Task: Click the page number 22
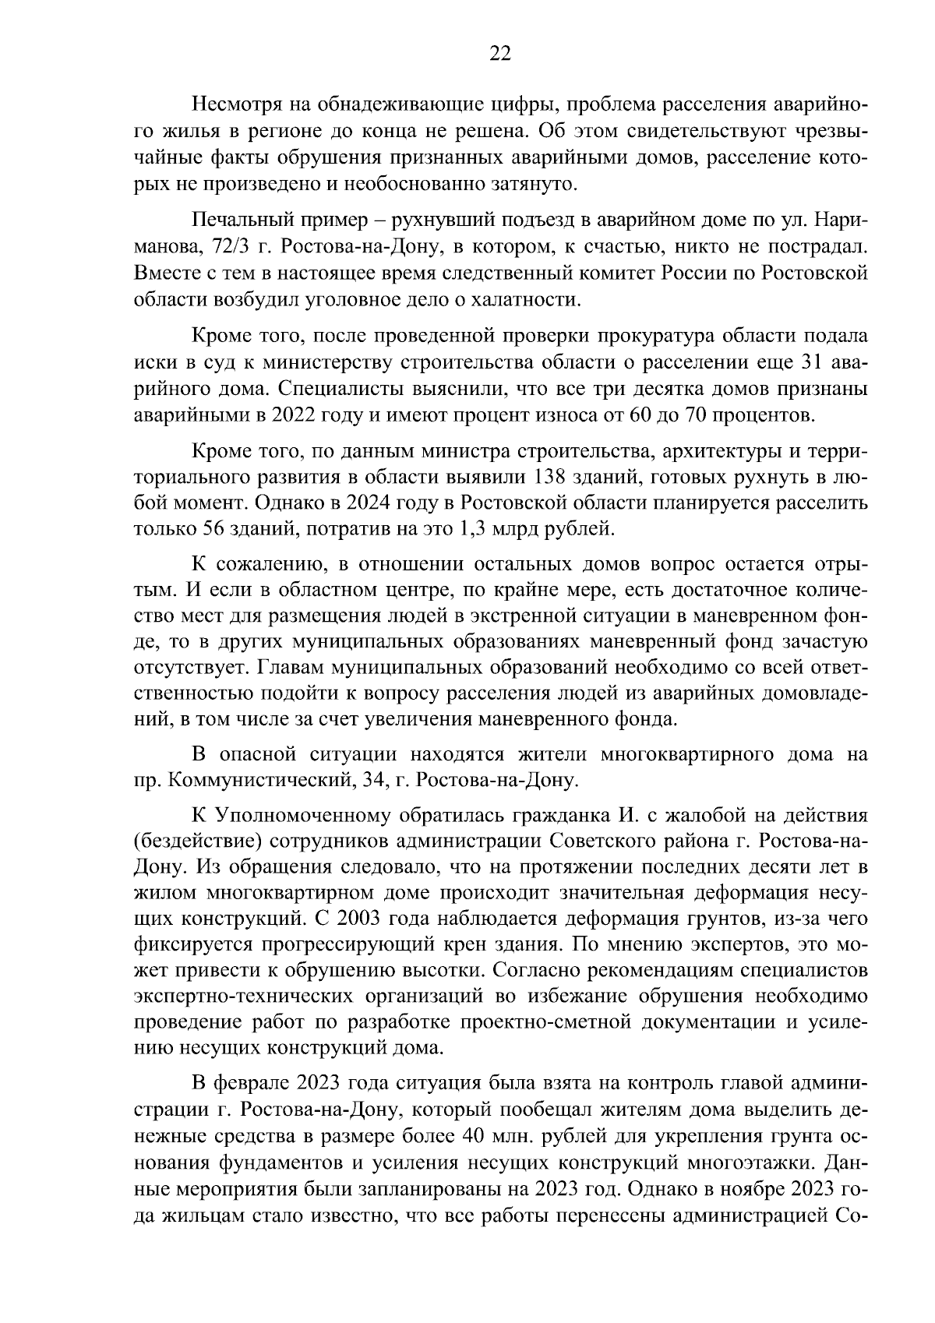[499, 53]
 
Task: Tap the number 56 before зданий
[201, 531]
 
